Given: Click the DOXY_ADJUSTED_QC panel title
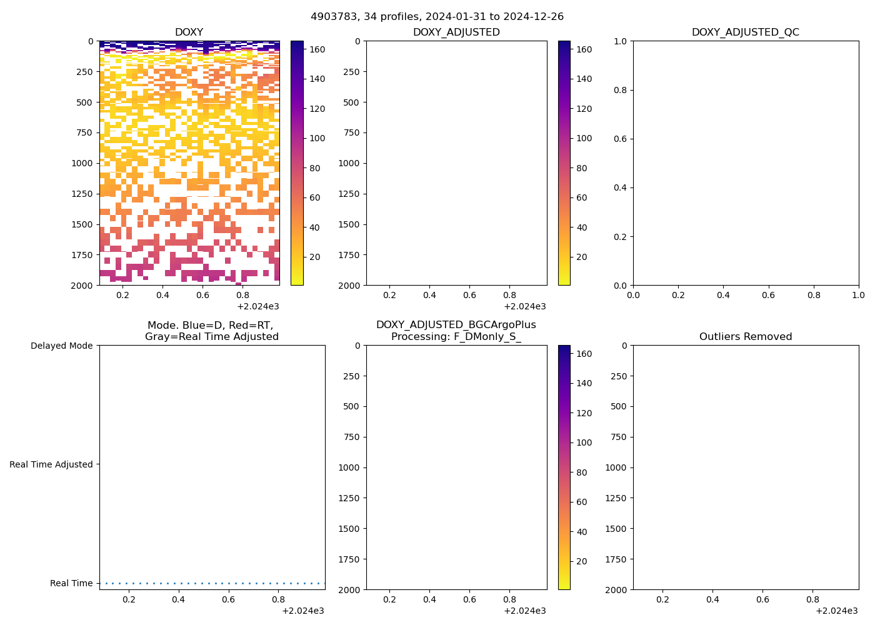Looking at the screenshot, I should (745, 32).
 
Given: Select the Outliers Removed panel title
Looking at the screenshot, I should (745, 337).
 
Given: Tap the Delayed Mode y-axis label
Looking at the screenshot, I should (61, 346).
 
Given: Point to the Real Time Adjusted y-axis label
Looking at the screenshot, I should (51, 464).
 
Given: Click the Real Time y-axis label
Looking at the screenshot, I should (71, 583).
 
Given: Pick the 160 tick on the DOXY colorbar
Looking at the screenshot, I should (317, 49).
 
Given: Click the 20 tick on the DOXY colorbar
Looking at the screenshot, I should (314, 257).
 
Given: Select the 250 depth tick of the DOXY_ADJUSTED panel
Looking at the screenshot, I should (351, 72).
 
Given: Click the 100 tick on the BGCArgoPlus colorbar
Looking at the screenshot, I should (584, 442).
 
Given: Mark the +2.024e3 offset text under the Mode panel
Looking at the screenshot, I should (302, 611).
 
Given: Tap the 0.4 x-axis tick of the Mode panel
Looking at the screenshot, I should (179, 599).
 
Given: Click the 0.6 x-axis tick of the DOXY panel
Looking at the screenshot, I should (202, 295).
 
